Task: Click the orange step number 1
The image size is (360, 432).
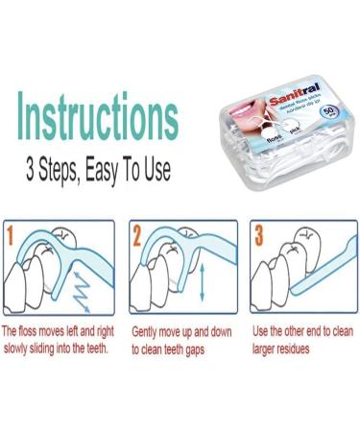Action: pyautogui.click(x=12, y=232)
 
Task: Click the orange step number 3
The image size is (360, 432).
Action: pyautogui.click(x=258, y=232)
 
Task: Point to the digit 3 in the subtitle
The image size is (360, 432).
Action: pyautogui.click(x=31, y=172)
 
